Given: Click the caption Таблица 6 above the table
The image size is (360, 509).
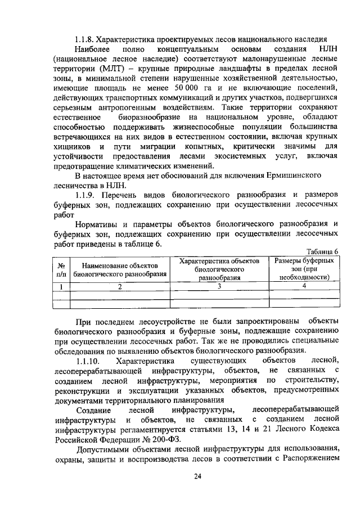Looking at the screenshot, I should (x=322, y=251).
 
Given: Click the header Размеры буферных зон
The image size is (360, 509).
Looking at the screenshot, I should (x=304, y=269).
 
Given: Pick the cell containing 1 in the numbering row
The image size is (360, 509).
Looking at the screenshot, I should (x=60, y=286).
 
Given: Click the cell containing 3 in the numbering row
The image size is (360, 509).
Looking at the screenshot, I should (x=219, y=286).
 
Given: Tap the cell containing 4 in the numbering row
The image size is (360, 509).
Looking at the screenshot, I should (x=304, y=286).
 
